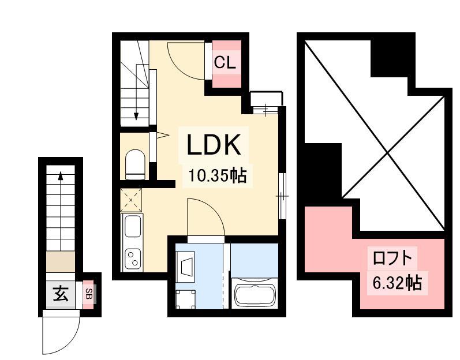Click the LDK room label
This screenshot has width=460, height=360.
pos(214,144)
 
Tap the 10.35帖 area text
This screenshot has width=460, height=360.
pos(217,176)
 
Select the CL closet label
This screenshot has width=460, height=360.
pos(225,62)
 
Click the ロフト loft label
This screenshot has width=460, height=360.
pos(392,258)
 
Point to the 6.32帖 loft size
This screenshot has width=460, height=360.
pos(397,283)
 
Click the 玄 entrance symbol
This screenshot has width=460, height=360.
pos(61,294)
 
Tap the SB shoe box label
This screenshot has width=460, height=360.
pos(88,294)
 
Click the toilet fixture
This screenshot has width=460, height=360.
pos(135,164)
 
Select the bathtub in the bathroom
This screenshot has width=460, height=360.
pos(255,294)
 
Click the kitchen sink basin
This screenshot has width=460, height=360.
pos(133,226)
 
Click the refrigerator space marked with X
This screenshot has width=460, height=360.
pos(131,200)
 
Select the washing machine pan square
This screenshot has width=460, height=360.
pos(185,299)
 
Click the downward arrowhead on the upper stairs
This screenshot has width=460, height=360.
pos(136,117)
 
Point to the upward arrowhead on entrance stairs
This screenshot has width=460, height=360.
pos(61,175)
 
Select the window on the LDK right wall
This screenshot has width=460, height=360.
pos(282,196)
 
